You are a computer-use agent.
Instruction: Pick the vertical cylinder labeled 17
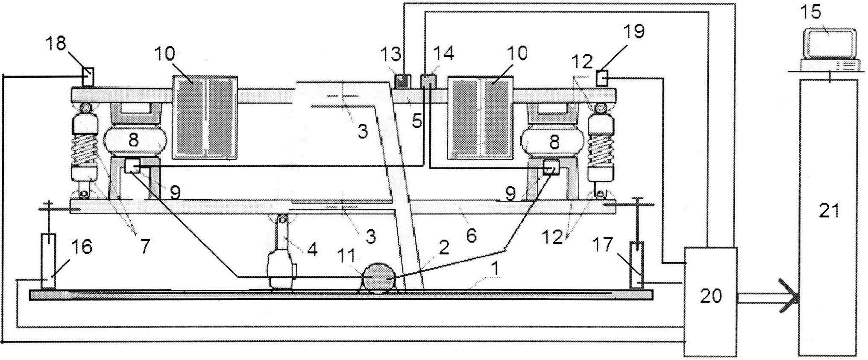636,265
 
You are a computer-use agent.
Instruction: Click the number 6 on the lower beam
471,235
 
